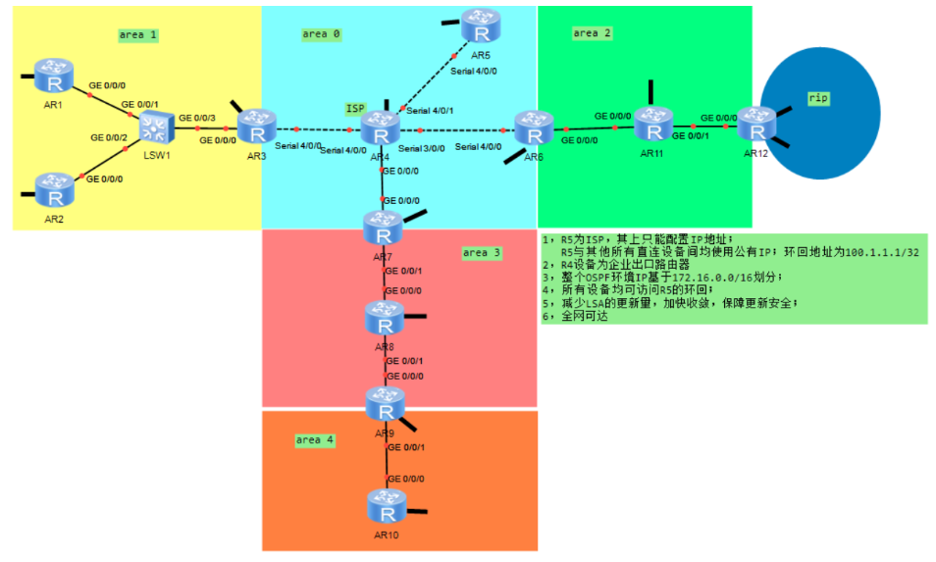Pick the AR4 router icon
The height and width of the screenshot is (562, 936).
coord(378,129)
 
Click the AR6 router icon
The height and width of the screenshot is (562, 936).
coord(533,128)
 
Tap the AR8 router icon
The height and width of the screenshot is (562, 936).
coord(383,319)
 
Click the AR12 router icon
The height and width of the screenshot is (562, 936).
coord(755,125)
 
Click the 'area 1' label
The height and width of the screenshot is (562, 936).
coord(137,35)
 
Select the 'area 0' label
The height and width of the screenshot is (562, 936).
coord(321,34)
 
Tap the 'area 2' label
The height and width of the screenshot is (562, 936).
coord(592,33)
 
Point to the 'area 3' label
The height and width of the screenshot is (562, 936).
coord(481,253)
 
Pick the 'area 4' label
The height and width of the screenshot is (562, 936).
coord(315,440)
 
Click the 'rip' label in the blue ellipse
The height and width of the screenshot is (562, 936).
coord(818,98)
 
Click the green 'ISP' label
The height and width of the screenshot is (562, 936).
coord(354,108)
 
